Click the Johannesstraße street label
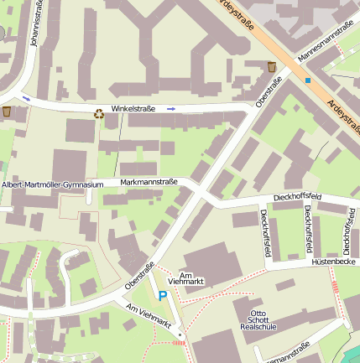pos(35,25)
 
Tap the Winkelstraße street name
pos(135,109)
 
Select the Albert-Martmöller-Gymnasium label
pos(52,184)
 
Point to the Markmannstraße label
pos(149,181)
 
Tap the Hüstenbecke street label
pos(334,262)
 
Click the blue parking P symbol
pos(163,295)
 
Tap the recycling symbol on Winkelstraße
pos(99,113)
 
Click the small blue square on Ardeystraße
pos(308,80)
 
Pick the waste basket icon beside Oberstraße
pos(271,66)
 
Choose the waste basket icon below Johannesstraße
pos(7,111)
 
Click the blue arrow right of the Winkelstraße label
pos(171,109)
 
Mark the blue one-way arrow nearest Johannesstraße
pos(26,99)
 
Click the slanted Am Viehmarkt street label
pos(148,317)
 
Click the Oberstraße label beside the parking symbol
pos(140,276)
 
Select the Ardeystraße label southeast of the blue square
pos(344,117)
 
